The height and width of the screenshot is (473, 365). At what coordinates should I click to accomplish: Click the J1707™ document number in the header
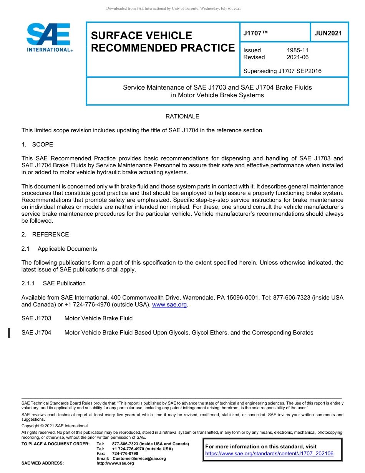(x=255, y=33)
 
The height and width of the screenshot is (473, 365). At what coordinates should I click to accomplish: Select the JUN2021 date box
(x=328, y=33)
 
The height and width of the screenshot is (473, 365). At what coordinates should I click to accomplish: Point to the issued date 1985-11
(x=297, y=50)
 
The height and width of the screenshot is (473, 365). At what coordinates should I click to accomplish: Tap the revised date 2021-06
(x=297, y=57)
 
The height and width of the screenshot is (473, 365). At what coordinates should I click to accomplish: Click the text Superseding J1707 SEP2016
(x=282, y=71)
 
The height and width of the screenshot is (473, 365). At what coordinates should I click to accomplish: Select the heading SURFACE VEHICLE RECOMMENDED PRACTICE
(x=163, y=42)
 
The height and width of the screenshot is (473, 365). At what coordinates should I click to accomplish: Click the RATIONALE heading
(x=182, y=117)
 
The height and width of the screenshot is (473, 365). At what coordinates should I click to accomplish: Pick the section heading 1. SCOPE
(x=37, y=145)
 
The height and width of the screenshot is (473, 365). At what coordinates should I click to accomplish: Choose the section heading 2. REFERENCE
(x=45, y=235)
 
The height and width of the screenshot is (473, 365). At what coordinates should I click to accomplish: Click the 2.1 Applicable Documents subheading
(x=59, y=249)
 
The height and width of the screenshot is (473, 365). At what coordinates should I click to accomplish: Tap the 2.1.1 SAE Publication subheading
(x=53, y=283)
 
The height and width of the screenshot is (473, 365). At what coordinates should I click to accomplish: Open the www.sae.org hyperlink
(x=169, y=305)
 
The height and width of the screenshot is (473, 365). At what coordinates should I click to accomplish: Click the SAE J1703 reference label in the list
(x=36, y=318)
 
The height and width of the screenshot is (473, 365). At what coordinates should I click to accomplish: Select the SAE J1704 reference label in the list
(x=36, y=333)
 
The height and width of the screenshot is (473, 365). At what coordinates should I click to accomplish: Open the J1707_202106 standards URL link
(x=269, y=454)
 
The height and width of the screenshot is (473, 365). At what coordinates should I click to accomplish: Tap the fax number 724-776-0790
(x=125, y=454)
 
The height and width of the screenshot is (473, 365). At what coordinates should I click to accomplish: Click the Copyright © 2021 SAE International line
(x=55, y=426)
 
